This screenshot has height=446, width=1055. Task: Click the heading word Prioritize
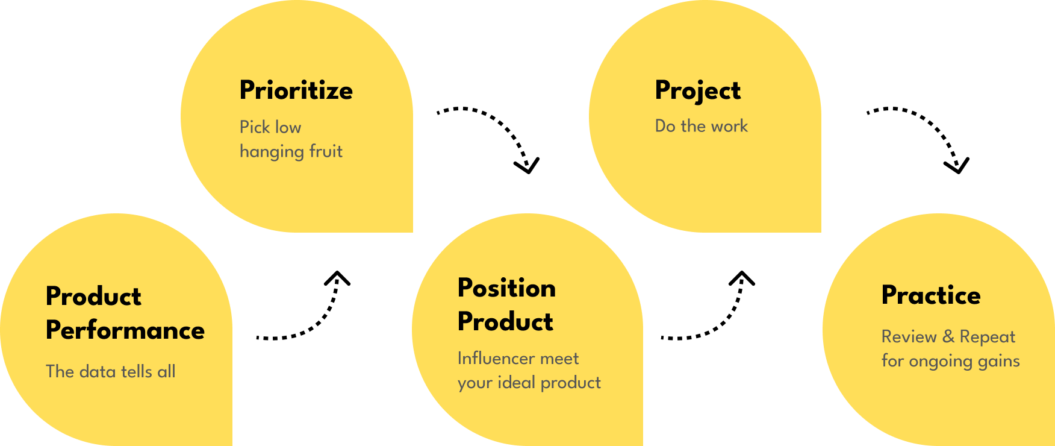[296, 90]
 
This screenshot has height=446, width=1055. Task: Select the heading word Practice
[931, 295]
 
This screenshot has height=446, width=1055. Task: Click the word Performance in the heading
[125, 330]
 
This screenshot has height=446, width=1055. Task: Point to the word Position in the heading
[506, 288]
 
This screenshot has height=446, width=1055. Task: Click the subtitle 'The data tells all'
[111, 371]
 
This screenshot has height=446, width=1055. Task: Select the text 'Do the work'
[702, 126]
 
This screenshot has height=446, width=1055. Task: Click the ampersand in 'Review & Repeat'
[948, 336]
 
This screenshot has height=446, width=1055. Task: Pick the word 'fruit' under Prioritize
[326, 151]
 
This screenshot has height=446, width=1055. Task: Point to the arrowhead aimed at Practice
[957, 165]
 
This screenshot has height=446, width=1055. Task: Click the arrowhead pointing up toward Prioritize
[337, 277]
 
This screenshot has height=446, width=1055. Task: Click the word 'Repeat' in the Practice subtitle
[988, 337]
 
